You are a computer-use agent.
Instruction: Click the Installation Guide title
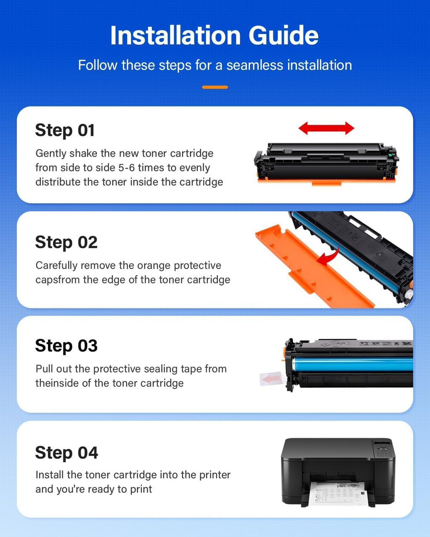click(214, 35)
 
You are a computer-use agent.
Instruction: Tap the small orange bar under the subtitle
click(215, 87)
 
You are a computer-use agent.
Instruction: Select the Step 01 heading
click(65, 130)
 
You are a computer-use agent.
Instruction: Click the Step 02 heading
click(66, 242)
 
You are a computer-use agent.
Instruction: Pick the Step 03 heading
click(66, 346)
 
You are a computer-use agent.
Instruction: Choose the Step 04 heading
click(66, 453)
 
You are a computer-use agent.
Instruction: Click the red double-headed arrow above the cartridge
click(326, 128)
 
